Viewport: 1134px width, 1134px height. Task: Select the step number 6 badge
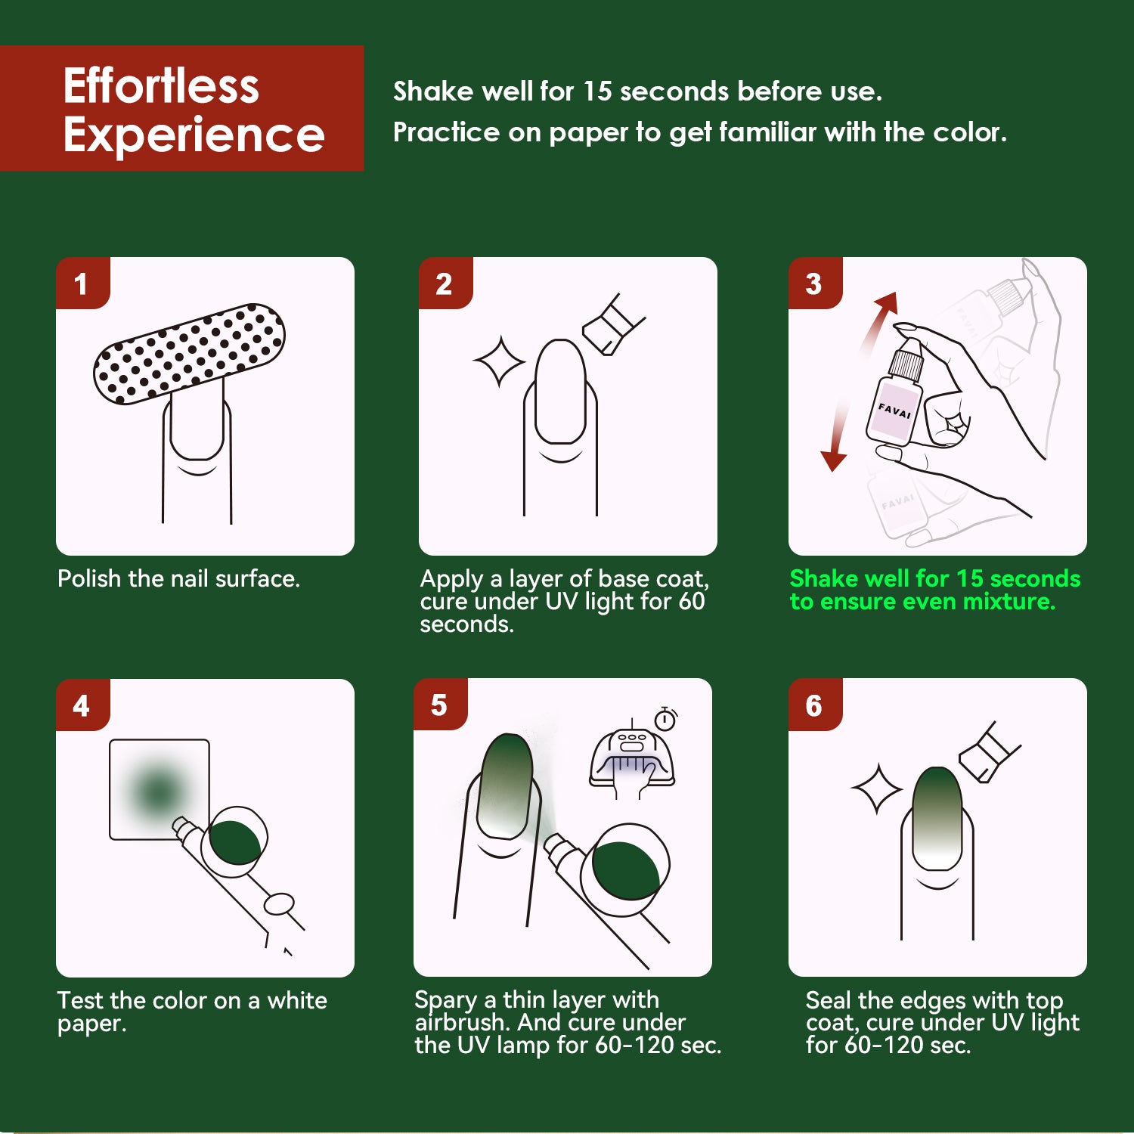(x=815, y=705)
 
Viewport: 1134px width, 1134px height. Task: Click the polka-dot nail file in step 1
(x=189, y=354)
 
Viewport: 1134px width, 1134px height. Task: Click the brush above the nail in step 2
(x=613, y=325)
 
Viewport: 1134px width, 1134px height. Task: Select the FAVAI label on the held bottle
(x=894, y=411)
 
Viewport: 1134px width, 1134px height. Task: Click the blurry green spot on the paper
(x=158, y=791)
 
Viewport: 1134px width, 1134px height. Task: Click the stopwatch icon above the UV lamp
(x=665, y=718)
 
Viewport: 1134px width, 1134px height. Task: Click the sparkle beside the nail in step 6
(x=877, y=789)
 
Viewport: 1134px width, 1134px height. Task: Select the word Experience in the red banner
(x=194, y=135)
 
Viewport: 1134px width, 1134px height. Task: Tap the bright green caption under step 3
(x=935, y=590)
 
